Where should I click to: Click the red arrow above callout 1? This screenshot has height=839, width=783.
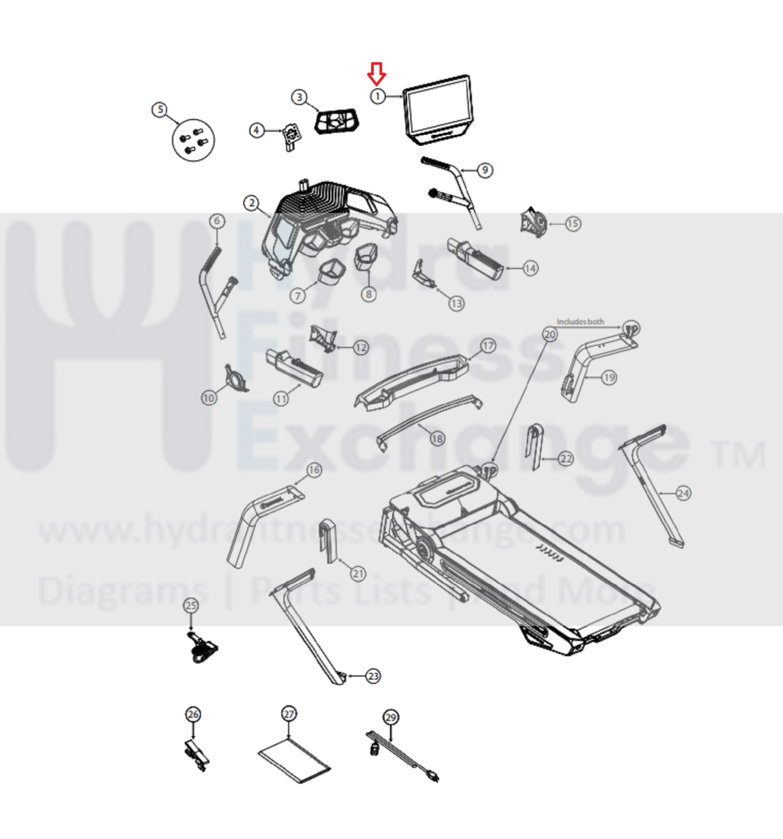click(377, 73)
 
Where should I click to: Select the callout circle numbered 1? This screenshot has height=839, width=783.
click(378, 97)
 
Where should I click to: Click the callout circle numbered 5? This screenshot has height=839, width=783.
click(160, 110)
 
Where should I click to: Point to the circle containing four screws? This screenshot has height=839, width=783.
click(194, 140)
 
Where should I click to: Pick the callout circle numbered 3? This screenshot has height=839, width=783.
click(299, 97)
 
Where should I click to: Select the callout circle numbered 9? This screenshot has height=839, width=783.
click(485, 170)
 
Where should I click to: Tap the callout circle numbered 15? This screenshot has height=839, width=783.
click(573, 224)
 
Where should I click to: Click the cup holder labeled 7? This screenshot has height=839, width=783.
click(331, 272)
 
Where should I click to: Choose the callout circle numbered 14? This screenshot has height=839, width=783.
click(531, 269)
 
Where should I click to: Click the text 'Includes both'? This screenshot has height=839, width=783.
click(580, 322)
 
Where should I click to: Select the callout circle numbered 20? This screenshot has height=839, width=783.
click(550, 334)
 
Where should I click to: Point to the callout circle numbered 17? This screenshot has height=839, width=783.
click(488, 346)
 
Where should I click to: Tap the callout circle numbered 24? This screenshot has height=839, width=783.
click(683, 493)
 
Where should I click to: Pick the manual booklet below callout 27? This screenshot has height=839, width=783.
click(294, 760)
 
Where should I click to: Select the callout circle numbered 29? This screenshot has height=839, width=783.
click(391, 717)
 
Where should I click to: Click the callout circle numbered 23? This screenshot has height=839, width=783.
click(373, 676)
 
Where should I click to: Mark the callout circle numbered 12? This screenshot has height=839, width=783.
click(361, 348)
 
